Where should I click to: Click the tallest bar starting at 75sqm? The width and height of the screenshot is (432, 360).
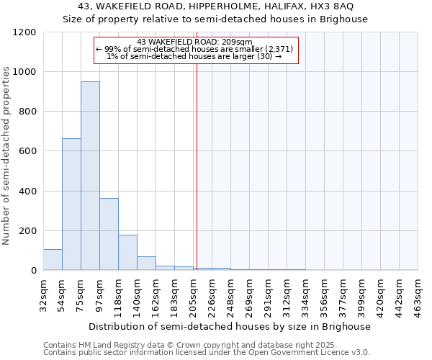coord(90,176)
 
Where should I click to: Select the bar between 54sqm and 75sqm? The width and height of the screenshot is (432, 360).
coord(71,204)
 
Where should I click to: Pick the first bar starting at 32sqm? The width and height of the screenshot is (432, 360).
coord(53,259)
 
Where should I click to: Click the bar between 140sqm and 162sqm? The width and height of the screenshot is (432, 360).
coord(146,263)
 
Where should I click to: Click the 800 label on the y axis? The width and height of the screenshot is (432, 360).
coord(27,112)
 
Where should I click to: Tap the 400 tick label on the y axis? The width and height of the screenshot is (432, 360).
coord(27,192)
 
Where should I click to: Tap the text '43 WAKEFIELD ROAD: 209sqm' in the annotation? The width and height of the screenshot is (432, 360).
coord(194,42)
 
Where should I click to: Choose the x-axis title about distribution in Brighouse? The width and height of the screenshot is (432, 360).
coord(230,326)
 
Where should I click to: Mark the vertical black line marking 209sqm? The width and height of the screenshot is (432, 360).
coord(196,166)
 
